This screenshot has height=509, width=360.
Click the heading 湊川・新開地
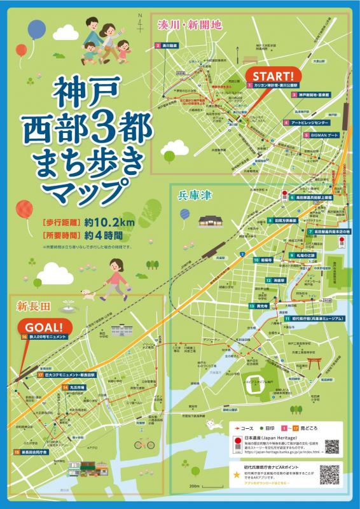pos(190,24)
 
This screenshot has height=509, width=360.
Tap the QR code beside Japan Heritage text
pos(331,446)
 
